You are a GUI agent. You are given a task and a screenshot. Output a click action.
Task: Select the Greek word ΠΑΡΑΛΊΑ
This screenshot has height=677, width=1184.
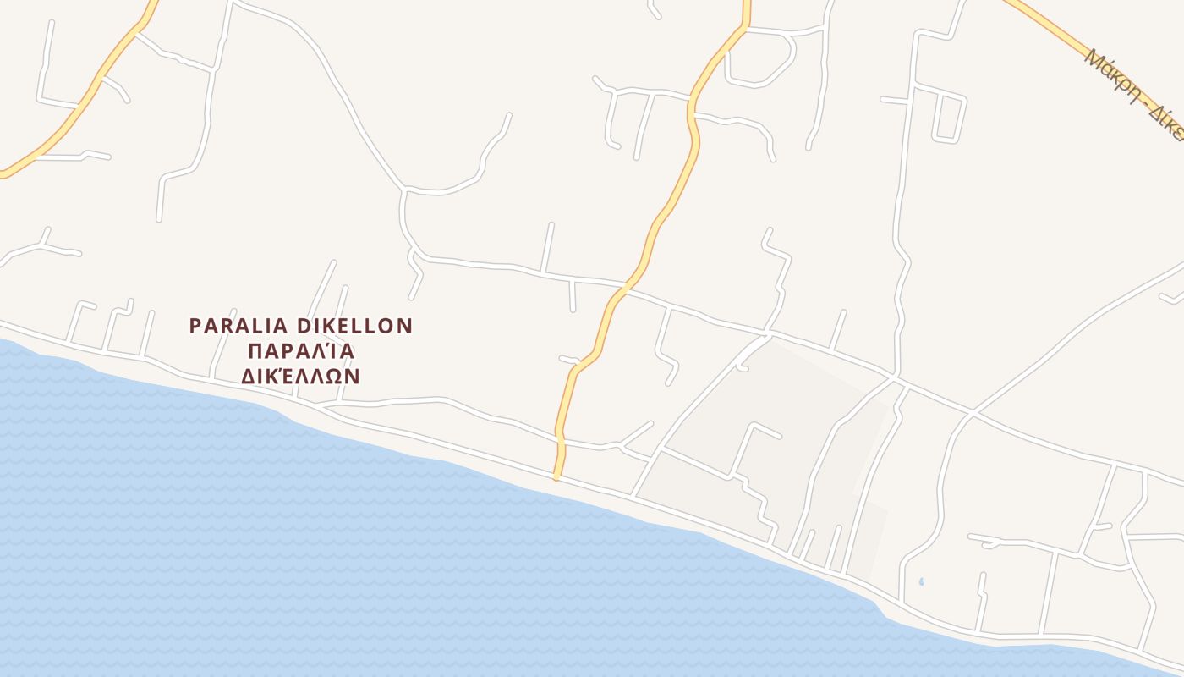click(x=300, y=350)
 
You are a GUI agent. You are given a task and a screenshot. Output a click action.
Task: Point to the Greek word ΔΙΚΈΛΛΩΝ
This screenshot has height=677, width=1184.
click(x=300, y=375)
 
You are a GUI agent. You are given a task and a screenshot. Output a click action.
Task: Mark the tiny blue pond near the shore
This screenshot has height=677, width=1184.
click(x=920, y=581)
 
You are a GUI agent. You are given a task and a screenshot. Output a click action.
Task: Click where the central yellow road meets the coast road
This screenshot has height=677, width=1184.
click(x=556, y=478)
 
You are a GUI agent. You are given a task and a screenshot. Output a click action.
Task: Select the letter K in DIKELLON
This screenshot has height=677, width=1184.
click(x=325, y=326)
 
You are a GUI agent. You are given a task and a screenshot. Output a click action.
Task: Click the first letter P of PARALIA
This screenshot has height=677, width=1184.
click(x=196, y=326)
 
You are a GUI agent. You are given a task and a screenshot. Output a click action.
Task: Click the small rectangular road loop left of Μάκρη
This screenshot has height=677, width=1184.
click(x=949, y=116)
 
